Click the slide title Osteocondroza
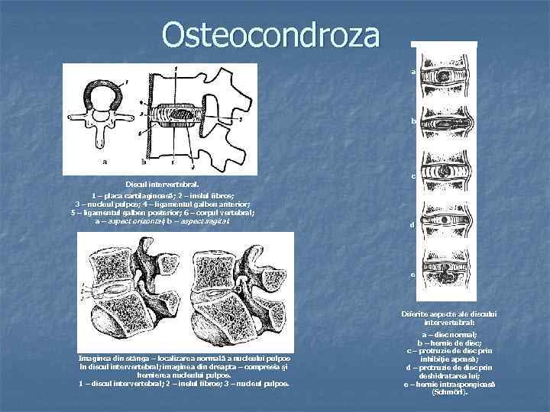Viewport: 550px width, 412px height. (x=270, y=35)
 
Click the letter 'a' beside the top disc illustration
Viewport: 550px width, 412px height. (x=412, y=72)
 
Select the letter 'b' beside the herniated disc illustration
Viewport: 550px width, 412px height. (x=412, y=121)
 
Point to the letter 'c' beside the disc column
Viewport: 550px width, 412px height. (x=412, y=176)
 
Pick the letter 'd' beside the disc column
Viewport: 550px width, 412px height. (x=412, y=225)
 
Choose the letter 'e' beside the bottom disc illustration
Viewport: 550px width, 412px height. (x=412, y=275)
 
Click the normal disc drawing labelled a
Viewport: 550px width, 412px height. (x=448, y=77)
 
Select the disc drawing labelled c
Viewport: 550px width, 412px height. (x=448, y=175)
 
